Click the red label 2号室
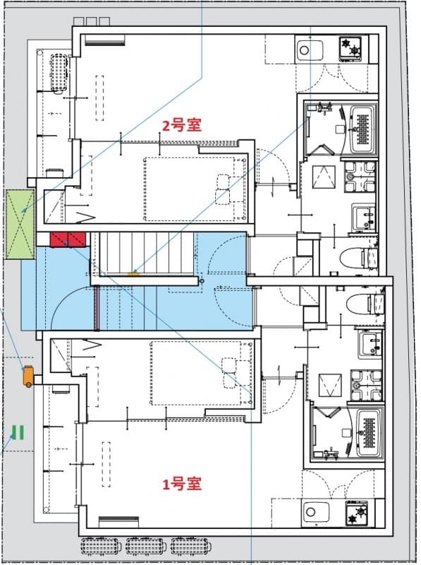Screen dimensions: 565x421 pyautogui.click(x=182, y=125)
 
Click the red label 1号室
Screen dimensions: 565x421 pyautogui.click(x=182, y=484)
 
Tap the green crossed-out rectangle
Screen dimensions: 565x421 pyautogui.click(x=19, y=225)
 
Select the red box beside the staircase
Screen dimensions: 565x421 pyautogui.click(x=68, y=239)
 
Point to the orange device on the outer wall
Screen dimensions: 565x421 pyautogui.click(x=28, y=376)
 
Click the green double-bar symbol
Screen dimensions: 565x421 pyautogui.click(x=18, y=432)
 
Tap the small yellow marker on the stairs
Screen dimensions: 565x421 pyautogui.click(x=133, y=272)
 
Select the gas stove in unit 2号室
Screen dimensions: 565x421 pyautogui.click(x=351, y=48)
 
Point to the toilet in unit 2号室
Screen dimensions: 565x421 pyautogui.click(x=358, y=257)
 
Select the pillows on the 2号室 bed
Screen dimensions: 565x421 pyautogui.click(x=224, y=189)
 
